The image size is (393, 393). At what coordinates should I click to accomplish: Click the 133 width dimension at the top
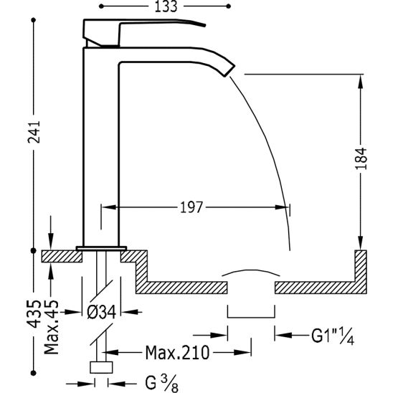166,6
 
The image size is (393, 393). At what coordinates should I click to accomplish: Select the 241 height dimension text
34,132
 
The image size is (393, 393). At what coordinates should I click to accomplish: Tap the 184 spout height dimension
361,158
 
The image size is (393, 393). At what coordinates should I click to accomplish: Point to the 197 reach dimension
191,207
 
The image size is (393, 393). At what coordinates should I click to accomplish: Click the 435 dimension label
34,314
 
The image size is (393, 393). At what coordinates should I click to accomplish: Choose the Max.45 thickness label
52,327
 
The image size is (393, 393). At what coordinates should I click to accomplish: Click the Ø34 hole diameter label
102,312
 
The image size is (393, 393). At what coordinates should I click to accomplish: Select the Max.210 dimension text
177,353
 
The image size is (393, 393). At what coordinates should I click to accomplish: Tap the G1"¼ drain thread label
333,336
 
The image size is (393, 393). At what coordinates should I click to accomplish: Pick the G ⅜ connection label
161,383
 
